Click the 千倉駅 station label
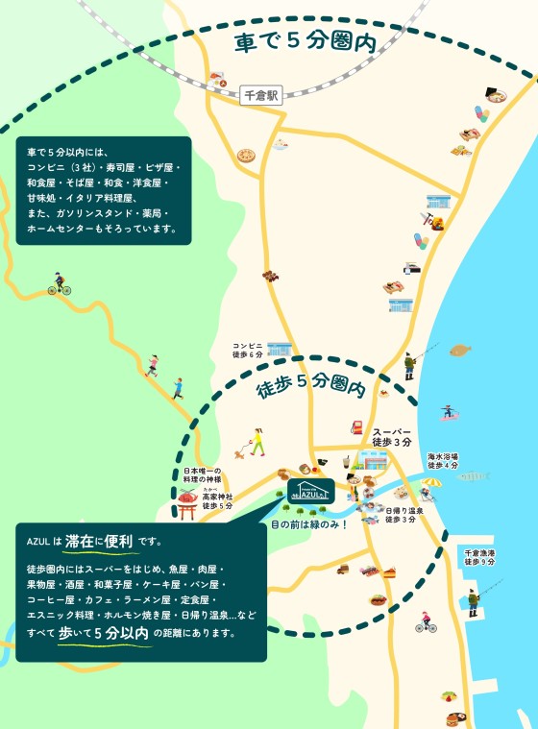[x=260, y=95]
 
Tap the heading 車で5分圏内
[x=304, y=42]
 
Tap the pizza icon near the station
[x=247, y=155]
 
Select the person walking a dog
[x=257, y=443]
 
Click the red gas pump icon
[x=357, y=428]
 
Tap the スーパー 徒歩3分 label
[x=392, y=436]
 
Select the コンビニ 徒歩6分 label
[x=247, y=350]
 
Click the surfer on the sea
[x=447, y=411]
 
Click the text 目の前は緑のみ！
[x=308, y=524]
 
